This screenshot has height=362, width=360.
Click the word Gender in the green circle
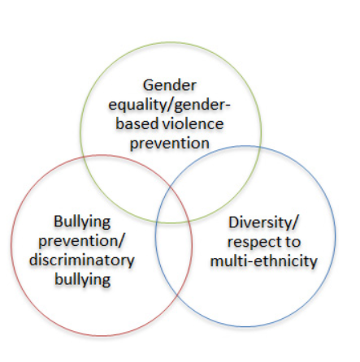click(x=170, y=85)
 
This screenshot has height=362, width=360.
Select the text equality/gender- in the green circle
click(x=169, y=106)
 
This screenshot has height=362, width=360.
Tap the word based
click(x=137, y=124)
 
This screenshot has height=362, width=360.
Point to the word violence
click(x=193, y=124)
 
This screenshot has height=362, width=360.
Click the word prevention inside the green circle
click(x=170, y=144)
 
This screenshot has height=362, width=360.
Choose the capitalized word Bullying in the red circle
click(x=82, y=222)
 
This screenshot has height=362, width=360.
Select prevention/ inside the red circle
click(x=81, y=242)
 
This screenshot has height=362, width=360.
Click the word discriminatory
click(x=82, y=261)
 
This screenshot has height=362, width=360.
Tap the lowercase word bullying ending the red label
click(x=83, y=280)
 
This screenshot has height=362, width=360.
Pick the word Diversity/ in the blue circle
click(x=263, y=222)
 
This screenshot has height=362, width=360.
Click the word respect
click(x=253, y=242)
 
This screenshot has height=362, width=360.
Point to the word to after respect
click(x=292, y=242)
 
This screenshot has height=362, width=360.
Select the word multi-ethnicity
click(x=263, y=261)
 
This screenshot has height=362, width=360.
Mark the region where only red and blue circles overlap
click(x=173, y=257)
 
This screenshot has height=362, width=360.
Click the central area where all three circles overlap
click(x=173, y=205)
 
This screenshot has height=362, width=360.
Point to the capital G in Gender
click(x=149, y=85)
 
